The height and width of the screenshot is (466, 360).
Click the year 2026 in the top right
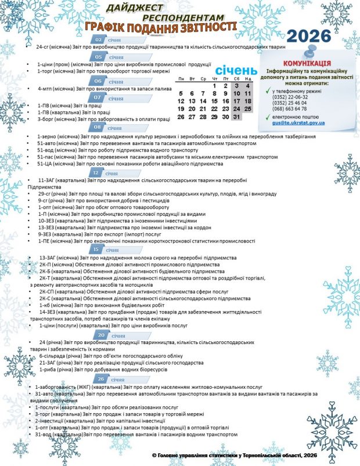(x=309, y=36)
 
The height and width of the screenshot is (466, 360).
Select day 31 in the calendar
(x=235, y=117)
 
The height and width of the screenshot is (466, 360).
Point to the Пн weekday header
(x=182, y=78)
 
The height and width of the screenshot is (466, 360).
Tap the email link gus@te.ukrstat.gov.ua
(x=298, y=123)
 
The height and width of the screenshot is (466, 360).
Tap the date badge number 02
(x=99, y=39)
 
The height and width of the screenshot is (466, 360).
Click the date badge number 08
(x=96, y=127)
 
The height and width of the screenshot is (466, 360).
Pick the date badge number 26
(x=101, y=379)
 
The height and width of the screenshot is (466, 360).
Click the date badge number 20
(x=101, y=335)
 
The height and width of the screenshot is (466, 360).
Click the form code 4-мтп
(x=45, y=89)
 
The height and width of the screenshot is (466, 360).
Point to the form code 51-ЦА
(x=45, y=164)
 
